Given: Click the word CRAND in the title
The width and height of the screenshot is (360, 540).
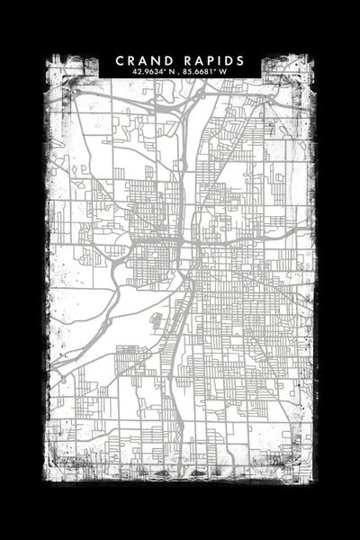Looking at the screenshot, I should tap(145, 60).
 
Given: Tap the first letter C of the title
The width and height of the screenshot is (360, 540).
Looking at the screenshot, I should tap(121, 60).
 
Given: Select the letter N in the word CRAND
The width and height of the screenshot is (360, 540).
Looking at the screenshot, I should tap(157, 60).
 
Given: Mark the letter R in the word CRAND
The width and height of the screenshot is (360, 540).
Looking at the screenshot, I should tap(132, 60).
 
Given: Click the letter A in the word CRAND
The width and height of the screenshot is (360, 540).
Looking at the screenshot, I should tap(144, 60).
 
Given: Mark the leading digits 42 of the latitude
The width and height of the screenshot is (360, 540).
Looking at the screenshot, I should tap(133, 71).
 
